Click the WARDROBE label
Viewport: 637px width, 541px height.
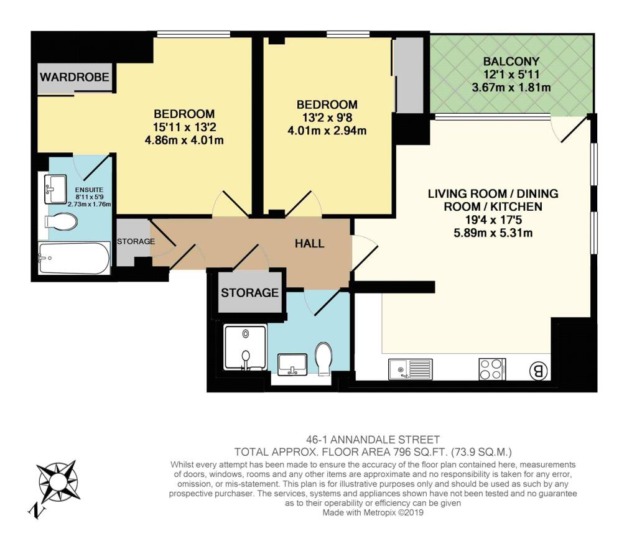75,76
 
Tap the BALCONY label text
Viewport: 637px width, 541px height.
511,62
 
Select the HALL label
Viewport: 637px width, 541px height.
310,243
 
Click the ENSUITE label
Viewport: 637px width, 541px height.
89,190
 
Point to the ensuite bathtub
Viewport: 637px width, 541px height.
75,258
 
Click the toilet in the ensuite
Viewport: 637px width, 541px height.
62,222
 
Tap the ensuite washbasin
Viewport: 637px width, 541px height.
55,189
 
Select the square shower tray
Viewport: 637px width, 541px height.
245,347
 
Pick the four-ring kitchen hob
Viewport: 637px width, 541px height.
492,369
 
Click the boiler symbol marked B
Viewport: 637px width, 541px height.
538,371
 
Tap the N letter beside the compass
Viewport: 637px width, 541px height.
37,511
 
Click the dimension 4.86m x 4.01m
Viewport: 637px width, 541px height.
184,141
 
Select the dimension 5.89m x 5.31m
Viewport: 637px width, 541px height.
493,233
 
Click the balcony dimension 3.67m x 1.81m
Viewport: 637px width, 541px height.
511,87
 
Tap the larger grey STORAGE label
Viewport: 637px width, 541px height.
250,292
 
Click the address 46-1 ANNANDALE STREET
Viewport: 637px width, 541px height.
373,440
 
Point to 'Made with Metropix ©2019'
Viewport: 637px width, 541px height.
373,512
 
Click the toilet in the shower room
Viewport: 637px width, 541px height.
323,358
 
